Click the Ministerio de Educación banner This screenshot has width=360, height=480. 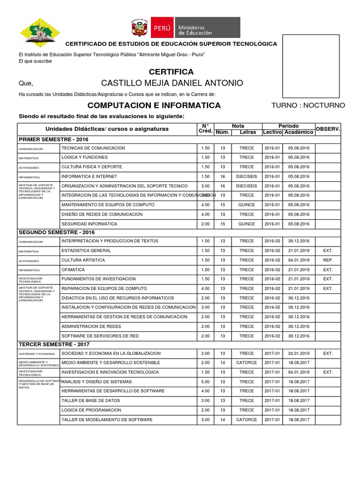click(x=184, y=28)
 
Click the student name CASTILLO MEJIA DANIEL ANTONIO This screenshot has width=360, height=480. click(x=172, y=83)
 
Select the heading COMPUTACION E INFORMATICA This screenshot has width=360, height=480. click(x=154, y=105)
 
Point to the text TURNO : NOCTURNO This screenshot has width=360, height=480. click(x=308, y=105)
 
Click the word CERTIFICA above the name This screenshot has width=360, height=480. click(x=171, y=72)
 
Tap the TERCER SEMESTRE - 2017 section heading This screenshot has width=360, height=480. click(x=54, y=345)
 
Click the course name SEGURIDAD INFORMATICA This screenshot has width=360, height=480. click(x=89, y=224)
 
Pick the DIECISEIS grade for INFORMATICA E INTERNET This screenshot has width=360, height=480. click(x=247, y=176)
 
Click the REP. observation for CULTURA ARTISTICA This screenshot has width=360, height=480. click(x=328, y=260)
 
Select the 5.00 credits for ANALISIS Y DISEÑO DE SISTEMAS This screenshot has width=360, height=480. click(x=205, y=382)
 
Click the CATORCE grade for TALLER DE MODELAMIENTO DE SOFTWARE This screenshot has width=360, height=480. click(x=247, y=420)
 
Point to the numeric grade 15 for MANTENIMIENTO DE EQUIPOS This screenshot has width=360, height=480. click(x=223, y=205)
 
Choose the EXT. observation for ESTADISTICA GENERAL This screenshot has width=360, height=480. click(x=328, y=250)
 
